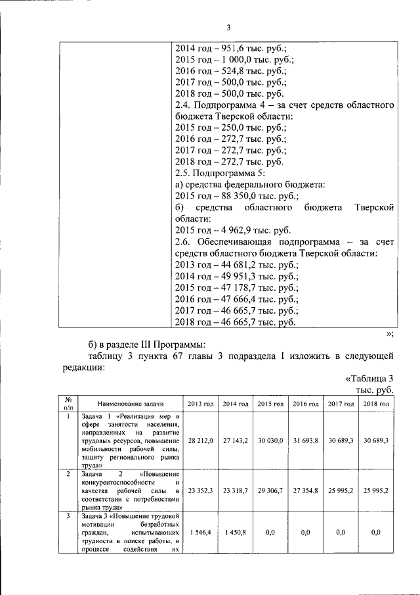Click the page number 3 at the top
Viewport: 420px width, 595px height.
228,27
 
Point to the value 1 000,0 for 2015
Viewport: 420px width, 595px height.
235,60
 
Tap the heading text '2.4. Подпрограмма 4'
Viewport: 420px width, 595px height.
223,105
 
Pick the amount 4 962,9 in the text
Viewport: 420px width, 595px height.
238,231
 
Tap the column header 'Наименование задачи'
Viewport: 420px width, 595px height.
129,403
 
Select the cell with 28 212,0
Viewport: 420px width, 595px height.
200,440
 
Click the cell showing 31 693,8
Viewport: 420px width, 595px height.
305,440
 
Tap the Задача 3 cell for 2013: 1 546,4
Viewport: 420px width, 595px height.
200,532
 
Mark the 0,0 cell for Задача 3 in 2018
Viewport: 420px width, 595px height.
375,532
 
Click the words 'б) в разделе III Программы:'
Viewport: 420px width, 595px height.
148,345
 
